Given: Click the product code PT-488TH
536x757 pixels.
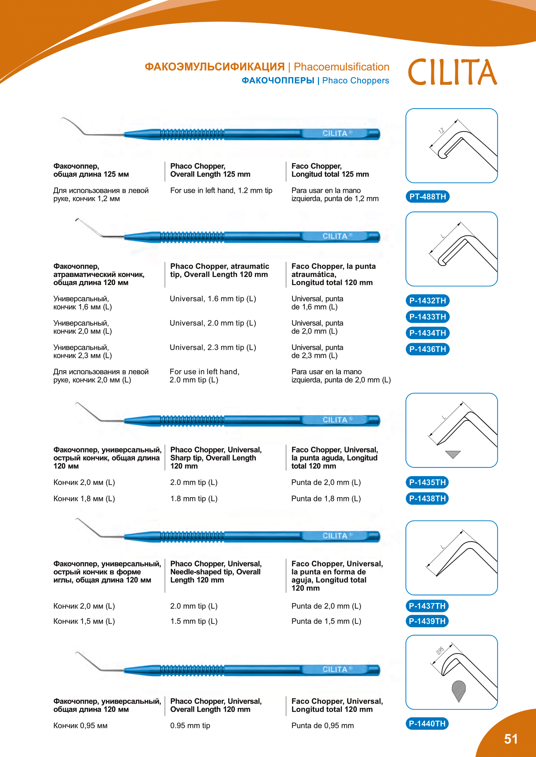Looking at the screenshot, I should [x=427, y=196].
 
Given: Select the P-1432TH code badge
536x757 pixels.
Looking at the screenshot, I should [x=427, y=300].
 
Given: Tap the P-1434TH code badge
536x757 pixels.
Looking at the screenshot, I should [x=427, y=333].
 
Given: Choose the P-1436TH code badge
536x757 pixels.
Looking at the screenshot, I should [x=427, y=349].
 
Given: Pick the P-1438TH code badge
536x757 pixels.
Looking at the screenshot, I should [x=427, y=498].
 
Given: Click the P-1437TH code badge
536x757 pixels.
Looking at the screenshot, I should [x=427, y=606].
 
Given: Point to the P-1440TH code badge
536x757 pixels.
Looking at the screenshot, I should [x=427, y=723].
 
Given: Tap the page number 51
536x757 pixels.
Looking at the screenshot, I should [x=511, y=739].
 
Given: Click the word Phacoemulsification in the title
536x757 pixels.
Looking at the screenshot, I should [x=341, y=67].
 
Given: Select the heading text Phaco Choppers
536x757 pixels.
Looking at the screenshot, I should [x=355, y=81].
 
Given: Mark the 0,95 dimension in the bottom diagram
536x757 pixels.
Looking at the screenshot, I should [x=440, y=651].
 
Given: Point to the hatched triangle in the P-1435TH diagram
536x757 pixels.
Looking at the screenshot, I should [x=453, y=454].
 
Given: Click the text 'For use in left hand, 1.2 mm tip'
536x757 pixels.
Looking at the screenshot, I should [x=221, y=190].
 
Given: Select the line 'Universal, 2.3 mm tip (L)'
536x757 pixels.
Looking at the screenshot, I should [x=213, y=347].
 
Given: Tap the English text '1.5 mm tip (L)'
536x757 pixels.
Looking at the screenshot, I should [x=194, y=621].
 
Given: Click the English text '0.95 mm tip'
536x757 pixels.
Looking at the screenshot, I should [x=190, y=725].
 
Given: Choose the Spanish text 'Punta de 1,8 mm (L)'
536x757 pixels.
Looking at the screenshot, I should [x=326, y=498].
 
